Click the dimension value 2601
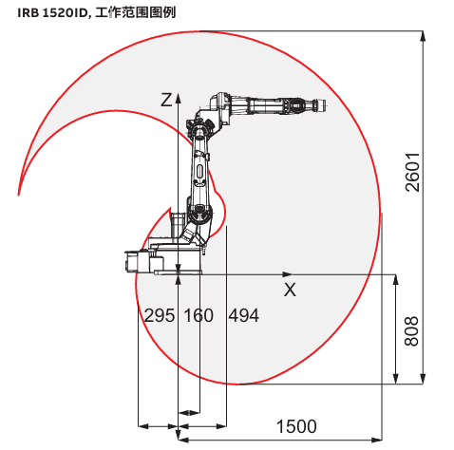[412, 173]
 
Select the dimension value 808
[411, 330]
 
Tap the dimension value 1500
[296, 426]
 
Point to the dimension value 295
[160, 315]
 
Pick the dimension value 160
[199, 315]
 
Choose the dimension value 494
[244, 315]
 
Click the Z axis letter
[166, 100]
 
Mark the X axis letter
[290, 290]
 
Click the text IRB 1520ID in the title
[52, 13]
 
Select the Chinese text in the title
[135, 12]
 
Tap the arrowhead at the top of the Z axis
[179, 98]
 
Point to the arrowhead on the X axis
[287, 274]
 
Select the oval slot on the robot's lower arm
[199, 172]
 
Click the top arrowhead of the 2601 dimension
[423, 36]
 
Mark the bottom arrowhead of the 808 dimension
[395, 379]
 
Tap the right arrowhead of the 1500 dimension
[377, 440]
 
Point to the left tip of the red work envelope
[18, 195]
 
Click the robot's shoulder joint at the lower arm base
[199, 215]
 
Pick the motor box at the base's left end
[132, 261]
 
